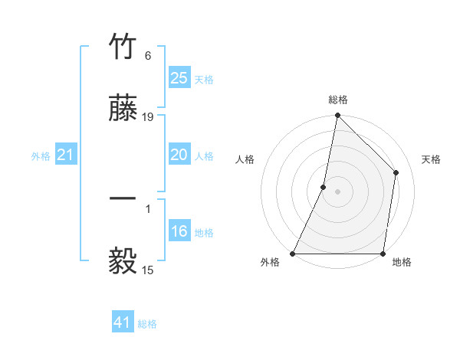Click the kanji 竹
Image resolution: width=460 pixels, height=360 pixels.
click(x=124, y=47)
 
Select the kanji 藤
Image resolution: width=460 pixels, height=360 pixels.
click(x=124, y=110)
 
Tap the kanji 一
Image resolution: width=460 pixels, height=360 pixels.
click(x=124, y=198)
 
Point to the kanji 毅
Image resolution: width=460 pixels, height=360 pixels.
click(x=124, y=261)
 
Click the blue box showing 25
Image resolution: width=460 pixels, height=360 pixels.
click(x=179, y=77)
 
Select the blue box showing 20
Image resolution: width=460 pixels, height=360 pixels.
click(x=179, y=155)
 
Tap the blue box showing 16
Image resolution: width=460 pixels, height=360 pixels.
click(x=179, y=231)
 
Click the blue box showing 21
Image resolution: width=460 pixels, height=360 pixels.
click(x=65, y=155)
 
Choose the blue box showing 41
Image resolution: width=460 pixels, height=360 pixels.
click(x=123, y=323)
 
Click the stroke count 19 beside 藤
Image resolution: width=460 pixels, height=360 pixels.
click(x=148, y=117)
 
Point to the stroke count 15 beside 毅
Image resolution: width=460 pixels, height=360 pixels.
click(x=148, y=269)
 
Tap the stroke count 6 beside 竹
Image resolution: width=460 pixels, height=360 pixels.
click(x=148, y=56)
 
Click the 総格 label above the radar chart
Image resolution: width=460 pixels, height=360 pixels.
click(x=338, y=100)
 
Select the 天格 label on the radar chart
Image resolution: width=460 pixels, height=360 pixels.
click(x=432, y=159)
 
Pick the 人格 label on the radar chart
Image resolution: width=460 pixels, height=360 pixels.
click(x=245, y=159)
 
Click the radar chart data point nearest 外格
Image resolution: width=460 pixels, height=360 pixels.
click(x=293, y=254)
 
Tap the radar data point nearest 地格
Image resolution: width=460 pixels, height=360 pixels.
click(x=383, y=254)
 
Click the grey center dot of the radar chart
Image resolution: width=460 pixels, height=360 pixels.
click(x=337, y=191)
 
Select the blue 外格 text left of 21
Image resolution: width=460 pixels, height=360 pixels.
click(x=41, y=156)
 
